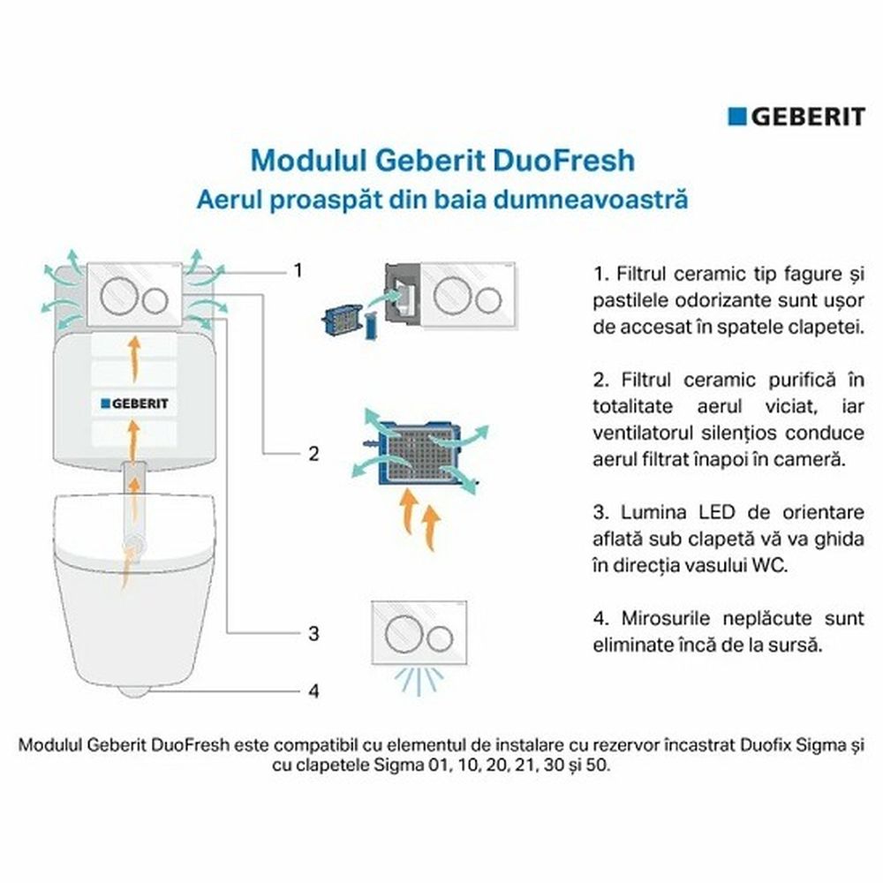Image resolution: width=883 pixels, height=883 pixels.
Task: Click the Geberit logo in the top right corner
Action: point(796,117)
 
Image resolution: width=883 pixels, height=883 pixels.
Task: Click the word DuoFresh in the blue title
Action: point(564,160)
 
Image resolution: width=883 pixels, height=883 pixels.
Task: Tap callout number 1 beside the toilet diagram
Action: point(298,270)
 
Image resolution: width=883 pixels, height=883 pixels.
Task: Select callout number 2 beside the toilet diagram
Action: point(314,453)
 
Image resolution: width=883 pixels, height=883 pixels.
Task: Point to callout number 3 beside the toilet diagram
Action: point(313,633)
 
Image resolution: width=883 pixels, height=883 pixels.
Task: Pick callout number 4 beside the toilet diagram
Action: point(314,691)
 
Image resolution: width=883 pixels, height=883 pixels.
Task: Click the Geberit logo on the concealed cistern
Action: point(134,404)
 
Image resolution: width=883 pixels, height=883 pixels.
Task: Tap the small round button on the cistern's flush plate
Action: point(155,301)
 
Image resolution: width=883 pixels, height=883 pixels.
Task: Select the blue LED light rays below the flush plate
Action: point(419,680)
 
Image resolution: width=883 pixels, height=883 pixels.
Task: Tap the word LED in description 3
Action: point(717,512)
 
